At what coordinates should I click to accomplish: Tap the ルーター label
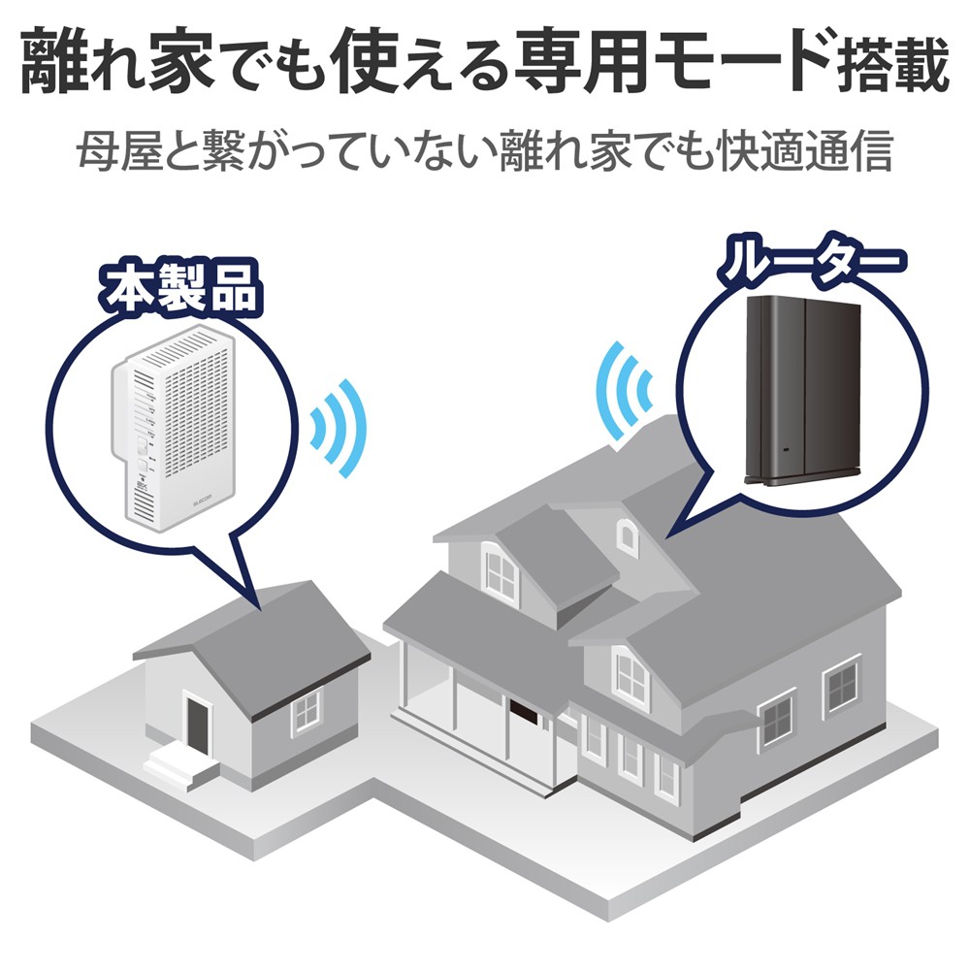tap(811, 265)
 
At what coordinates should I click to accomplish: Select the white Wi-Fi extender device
tap(175, 427)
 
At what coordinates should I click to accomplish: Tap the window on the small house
tap(306, 712)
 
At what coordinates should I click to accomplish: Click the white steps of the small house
tap(180, 768)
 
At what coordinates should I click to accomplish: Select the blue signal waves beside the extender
tap(339, 428)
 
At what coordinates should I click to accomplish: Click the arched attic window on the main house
tap(627, 535)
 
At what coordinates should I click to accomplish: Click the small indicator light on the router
tap(787, 450)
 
